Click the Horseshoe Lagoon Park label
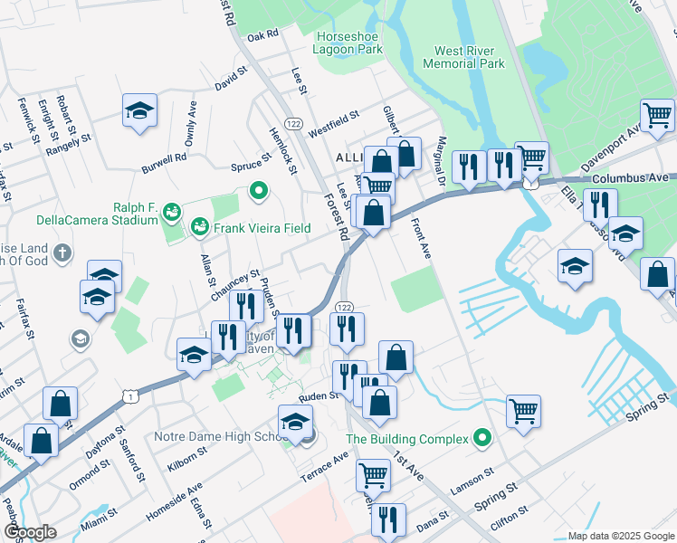(x=348, y=43)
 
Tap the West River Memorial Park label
(x=469, y=58)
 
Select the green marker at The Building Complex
(x=483, y=439)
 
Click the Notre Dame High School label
(x=220, y=437)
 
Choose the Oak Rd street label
(x=262, y=35)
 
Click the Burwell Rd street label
(x=163, y=157)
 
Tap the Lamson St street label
(x=472, y=481)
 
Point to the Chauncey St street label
(x=235, y=285)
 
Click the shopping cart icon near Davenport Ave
(x=657, y=115)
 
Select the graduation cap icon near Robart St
(x=138, y=110)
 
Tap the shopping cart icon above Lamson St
(x=523, y=411)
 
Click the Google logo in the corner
(x=29, y=532)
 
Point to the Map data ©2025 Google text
(x=620, y=536)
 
